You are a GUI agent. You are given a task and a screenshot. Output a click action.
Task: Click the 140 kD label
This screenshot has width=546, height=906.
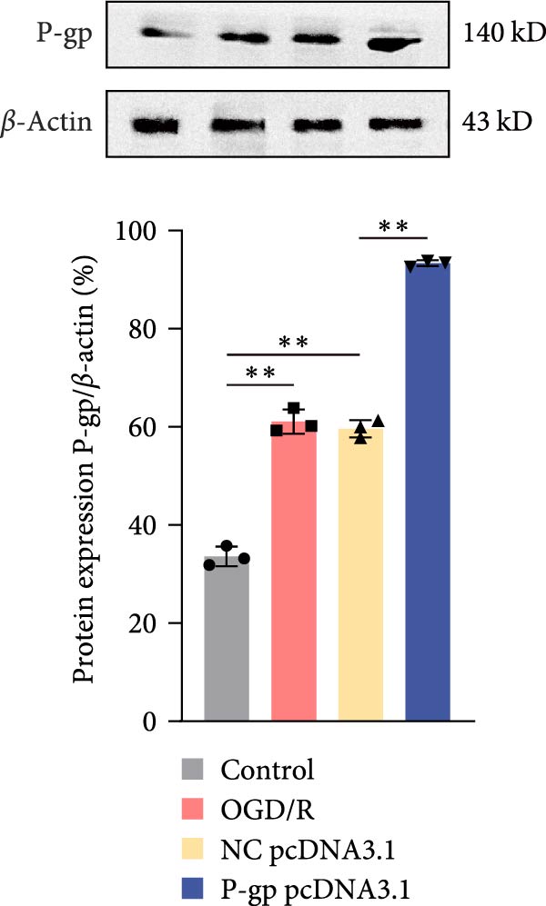click(502, 35)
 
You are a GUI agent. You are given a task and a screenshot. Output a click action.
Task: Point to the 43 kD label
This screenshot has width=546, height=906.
click(496, 120)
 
